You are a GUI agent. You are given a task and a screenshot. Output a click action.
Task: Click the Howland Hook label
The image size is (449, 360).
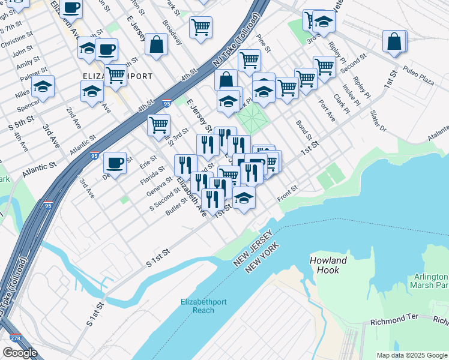pos(328,265)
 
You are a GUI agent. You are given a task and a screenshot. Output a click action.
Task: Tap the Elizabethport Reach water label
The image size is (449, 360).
pos(203,306)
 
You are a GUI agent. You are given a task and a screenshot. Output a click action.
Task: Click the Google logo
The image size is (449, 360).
pos(20,353)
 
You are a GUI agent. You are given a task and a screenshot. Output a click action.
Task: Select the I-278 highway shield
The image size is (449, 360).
pos(16,339)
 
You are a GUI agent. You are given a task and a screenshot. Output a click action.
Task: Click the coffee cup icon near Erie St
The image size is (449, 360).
pos(115,162)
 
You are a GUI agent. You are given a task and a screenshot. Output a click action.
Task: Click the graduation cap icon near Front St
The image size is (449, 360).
pos(244,197)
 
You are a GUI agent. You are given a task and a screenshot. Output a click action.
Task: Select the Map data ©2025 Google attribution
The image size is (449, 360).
pos(412,355)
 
